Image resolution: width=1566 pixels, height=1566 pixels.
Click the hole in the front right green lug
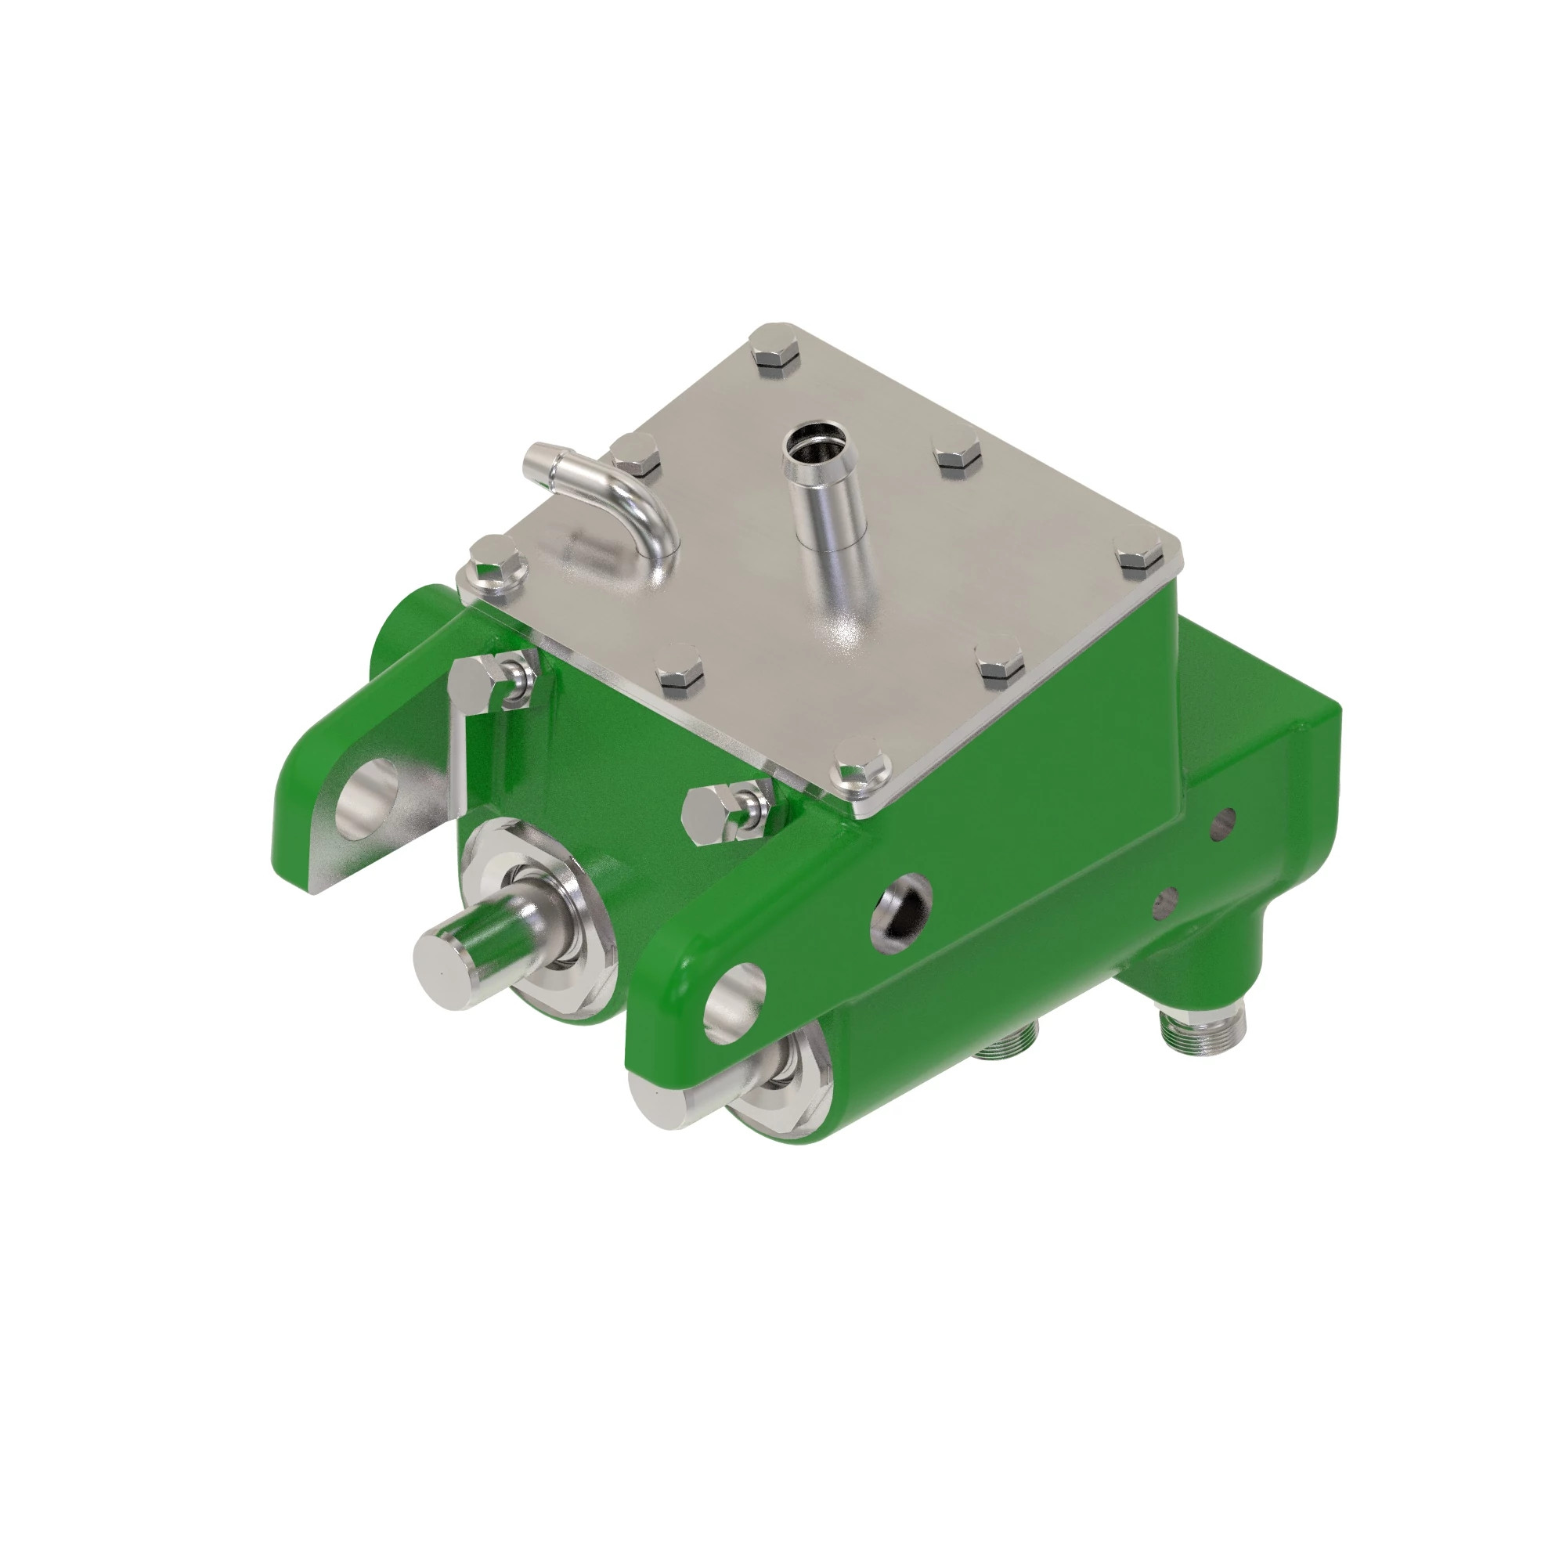(734, 1003)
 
